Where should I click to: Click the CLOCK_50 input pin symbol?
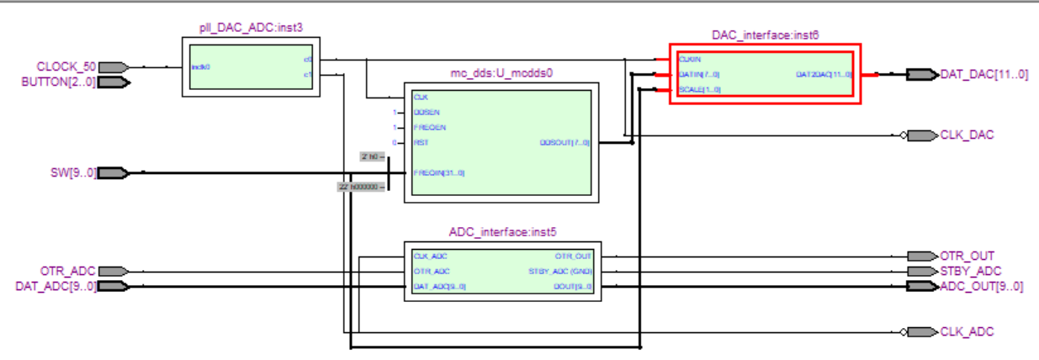click(115, 66)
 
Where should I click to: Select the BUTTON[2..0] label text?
click(58, 82)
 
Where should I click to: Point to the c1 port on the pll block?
click(308, 75)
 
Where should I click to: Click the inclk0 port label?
click(200, 66)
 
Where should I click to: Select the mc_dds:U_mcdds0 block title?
click(501, 73)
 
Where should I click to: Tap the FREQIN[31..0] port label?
click(438, 173)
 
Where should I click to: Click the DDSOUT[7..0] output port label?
click(565, 143)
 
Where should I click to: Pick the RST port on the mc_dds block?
click(421, 143)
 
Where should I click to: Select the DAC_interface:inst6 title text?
click(765, 34)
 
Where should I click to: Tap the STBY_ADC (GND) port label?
click(560, 271)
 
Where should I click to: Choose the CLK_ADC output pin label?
click(967, 331)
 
